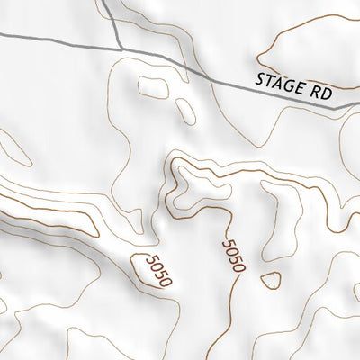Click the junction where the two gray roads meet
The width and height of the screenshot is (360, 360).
click(118, 48)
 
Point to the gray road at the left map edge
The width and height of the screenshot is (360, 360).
click(4, 34)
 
